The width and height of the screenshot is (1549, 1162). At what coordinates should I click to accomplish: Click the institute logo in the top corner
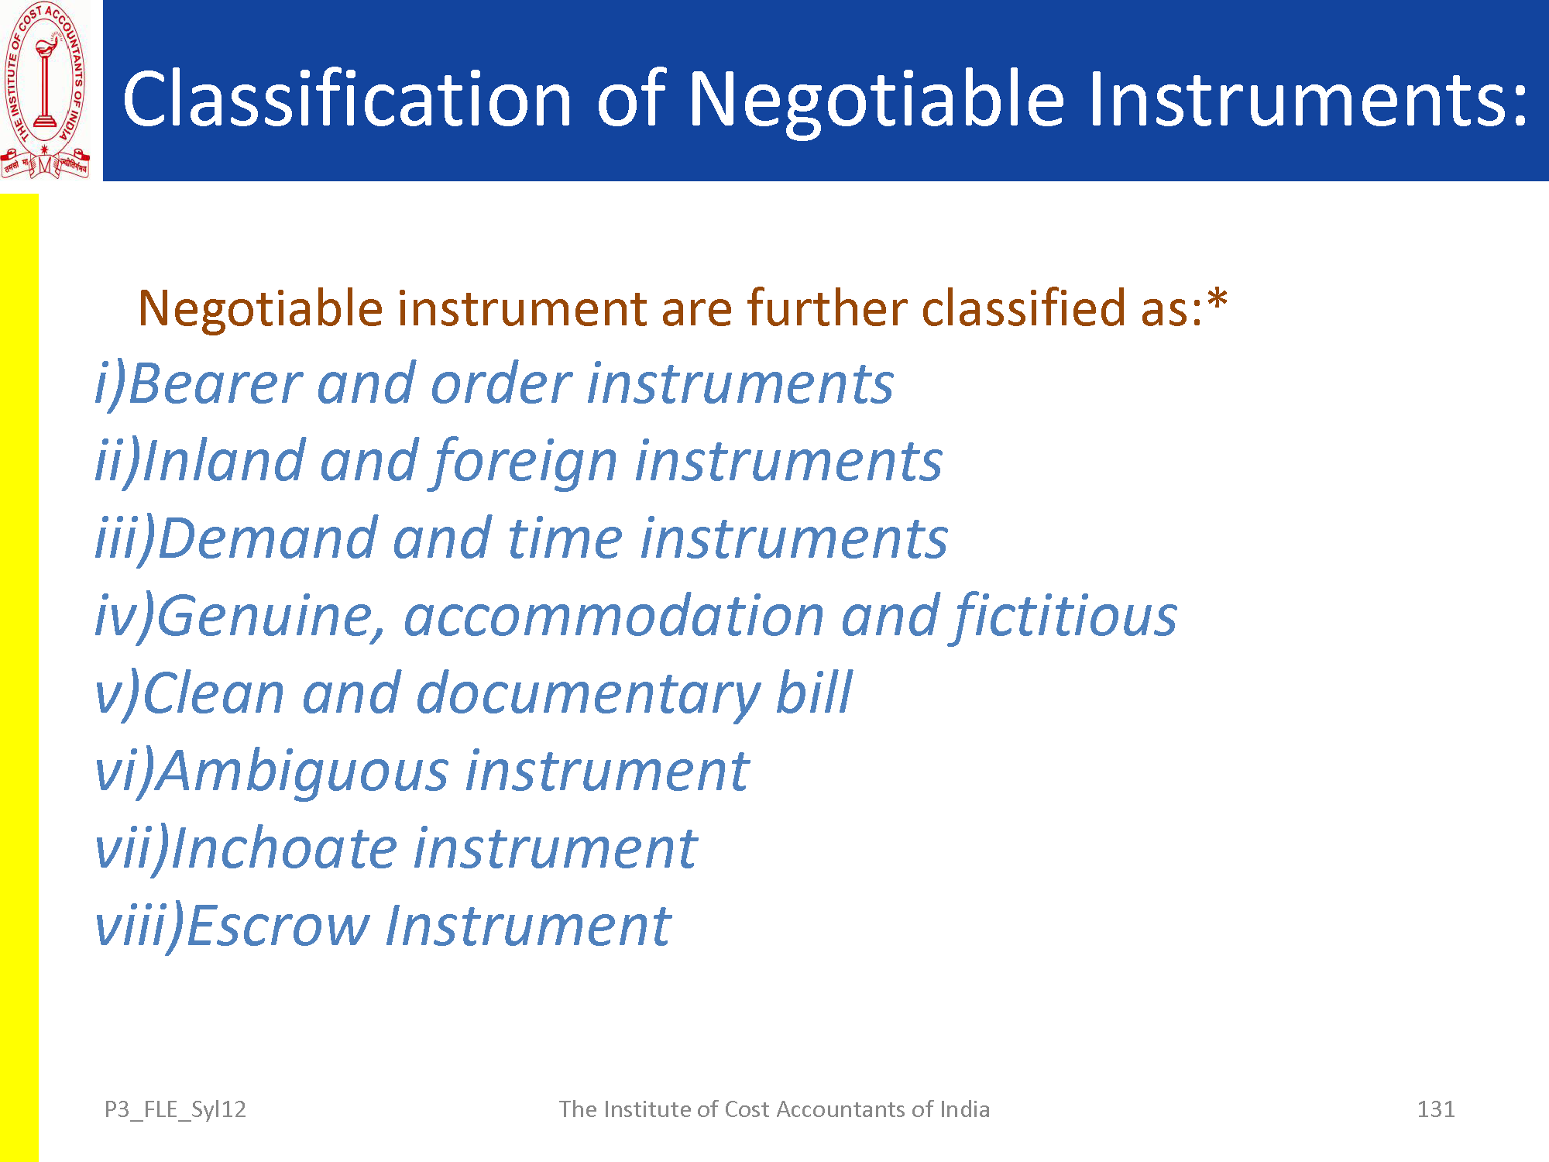click(x=46, y=90)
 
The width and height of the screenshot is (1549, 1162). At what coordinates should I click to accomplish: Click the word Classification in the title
click(x=347, y=98)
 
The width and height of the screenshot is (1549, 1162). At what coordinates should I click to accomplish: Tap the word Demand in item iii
click(x=267, y=538)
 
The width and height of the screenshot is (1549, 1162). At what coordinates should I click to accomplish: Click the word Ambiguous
click(x=303, y=772)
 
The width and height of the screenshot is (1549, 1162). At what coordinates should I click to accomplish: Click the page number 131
click(x=1436, y=1109)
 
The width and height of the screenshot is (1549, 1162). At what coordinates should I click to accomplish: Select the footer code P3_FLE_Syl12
click(x=175, y=1110)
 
